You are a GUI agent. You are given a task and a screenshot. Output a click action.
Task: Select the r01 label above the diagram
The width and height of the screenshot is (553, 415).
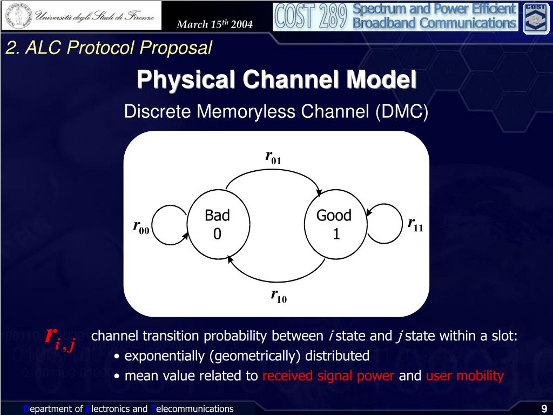pyautogui.click(x=273, y=157)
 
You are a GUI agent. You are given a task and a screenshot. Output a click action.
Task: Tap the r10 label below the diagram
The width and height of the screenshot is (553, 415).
pyautogui.click(x=279, y=296)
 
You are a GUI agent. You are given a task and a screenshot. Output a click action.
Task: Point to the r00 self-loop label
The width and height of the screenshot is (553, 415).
pyautogui.click(x=141, y=226)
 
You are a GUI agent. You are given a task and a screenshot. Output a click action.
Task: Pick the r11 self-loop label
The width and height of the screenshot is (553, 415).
pyautogui.click(x=415, y=224)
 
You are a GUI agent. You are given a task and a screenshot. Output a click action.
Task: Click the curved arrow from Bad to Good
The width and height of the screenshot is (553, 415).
pyautogui.click(x=273, y=170)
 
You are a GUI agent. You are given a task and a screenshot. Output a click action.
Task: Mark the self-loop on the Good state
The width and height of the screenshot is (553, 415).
pyautogui.click(x=402, y=223)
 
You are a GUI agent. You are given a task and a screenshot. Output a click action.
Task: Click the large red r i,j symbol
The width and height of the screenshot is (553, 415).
pyautogui.click(x=60, y=337)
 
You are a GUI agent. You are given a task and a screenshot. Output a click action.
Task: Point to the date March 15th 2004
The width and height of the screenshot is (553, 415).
pyautogui.click(x=214, y=24)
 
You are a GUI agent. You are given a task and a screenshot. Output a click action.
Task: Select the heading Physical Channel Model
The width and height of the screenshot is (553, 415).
pyautogui.click(x=276, y=79)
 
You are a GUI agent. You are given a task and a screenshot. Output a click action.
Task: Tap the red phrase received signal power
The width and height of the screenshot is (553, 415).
pyautogui.click(x=328, y=376)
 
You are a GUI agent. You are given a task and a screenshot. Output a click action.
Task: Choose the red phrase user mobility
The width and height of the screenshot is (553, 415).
pyautogui.click(x=465, y=376)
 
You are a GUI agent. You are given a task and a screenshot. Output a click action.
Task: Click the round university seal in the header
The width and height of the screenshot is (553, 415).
pyautogui.click(x=19, y=16)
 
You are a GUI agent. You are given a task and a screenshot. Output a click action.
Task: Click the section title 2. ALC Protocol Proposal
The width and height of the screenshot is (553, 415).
pyautogui.click(x=109, y=48)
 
